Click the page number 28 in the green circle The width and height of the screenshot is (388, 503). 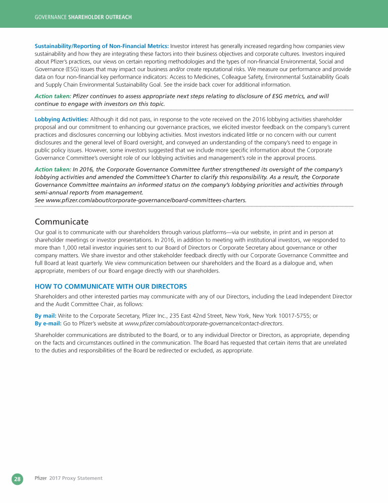pos(17,479)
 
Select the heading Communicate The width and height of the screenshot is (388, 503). pos(61,221)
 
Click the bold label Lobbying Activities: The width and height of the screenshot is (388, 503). pos(61,119)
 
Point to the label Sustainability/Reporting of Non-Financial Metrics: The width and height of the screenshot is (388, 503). pos(102,46)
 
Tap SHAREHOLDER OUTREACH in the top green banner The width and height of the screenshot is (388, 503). pos(100,17)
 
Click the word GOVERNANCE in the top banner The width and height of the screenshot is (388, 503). pos(51,17)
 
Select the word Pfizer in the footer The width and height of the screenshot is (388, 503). pos(40,478)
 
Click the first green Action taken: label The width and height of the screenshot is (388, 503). pos(53,96)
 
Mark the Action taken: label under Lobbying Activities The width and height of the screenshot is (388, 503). pos(53,169)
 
